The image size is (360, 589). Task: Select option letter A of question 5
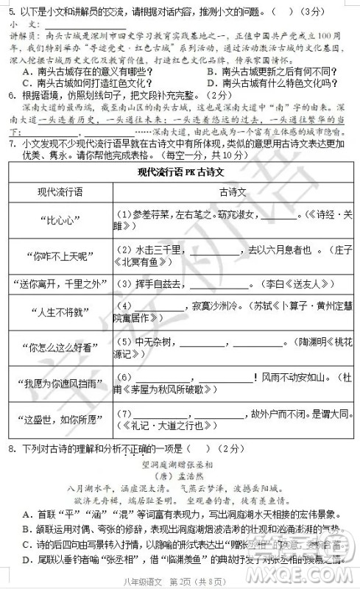coord(27,71)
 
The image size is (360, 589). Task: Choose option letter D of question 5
coord(212,83)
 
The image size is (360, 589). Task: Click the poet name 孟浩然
coord(189,476)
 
